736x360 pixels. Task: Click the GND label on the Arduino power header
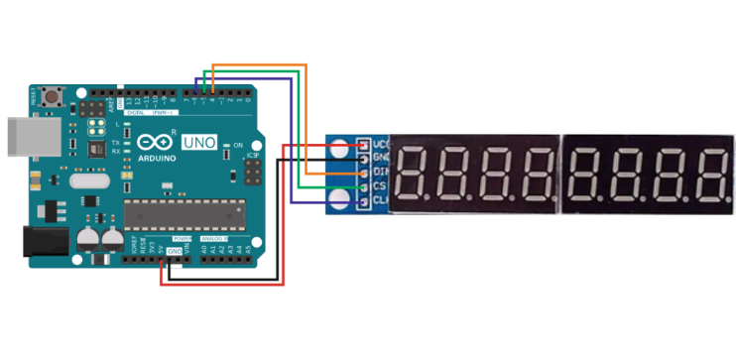pyautogui.click(x=175, y=253)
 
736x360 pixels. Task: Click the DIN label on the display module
pyautogui.click(x=378, y=174)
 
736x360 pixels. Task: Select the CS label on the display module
pyautogui.click(x=378, y=188)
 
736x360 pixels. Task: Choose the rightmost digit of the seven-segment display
pyautogui.click(x=708, y=173)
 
